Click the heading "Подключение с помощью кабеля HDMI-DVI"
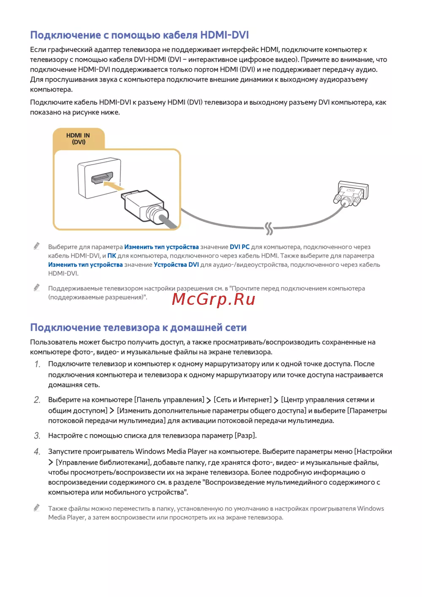pyautogui.click(x=139, y=35)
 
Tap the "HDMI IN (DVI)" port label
pyautogui.click(x=78, y=138)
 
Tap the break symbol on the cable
pyautogui.click(x=269, y=228)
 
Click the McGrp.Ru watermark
pyautogui.click(x=214, y=299)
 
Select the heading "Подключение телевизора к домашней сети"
pyautogui.click(x=138, y=328)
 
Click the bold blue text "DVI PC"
pyautogui.click(x=239, y=247)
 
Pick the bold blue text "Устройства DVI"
pyautogui.click(x=176, y=265)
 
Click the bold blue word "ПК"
pyautogui.click(x=111, y=256)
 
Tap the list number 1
pyautogui.click(x=37, y=364)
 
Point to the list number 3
pyautogui.click(x=37, y=436)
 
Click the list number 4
pyautogui.click(x=37, y=452)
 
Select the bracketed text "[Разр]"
pyautogui.click(x=246, y=435)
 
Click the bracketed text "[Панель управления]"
pyautogui.click(x=169, y=400)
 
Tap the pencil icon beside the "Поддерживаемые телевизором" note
pyautogui.click(x=37, y=288)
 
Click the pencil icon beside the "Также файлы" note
pyautogui.click(x=37, y=508)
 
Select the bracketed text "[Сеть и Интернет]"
pyautogui.click(x=243, y=400)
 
